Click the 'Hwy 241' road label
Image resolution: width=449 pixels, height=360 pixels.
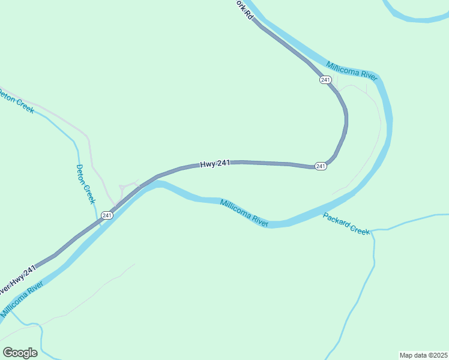click(215, 163)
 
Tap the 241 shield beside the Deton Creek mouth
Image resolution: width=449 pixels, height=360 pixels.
click(107, 215)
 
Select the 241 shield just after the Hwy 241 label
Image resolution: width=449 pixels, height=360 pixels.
click(321, 166)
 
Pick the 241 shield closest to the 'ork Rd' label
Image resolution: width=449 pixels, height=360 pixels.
click(325, 80)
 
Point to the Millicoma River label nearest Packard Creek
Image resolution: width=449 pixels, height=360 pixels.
click(244, 212)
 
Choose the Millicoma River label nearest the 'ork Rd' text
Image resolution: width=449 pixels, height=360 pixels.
click(351, 71)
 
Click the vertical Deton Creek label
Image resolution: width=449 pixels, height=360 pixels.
click(85, 184)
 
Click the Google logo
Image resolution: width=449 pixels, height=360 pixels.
click(20, 352)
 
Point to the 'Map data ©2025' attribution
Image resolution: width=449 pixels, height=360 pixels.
click(423, 355)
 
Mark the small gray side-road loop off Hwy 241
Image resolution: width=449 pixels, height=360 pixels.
click(128, 187)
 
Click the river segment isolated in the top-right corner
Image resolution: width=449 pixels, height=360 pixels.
click(420, 16)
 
